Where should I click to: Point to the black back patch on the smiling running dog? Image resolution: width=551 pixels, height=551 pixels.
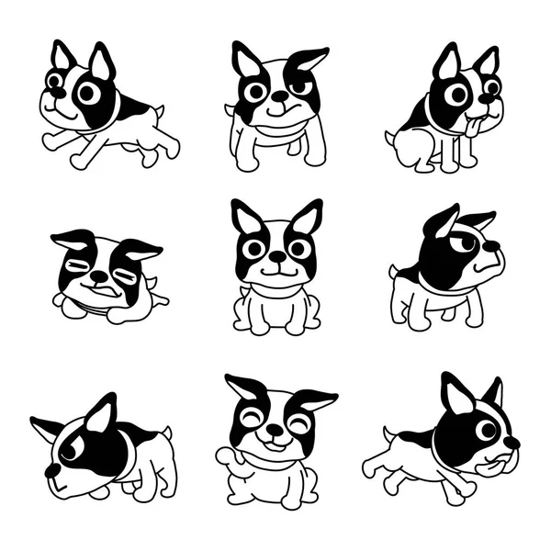(135, 111)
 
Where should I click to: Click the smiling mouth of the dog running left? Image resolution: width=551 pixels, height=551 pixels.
(62, 116)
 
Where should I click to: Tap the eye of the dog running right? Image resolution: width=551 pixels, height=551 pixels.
(486, 429)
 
